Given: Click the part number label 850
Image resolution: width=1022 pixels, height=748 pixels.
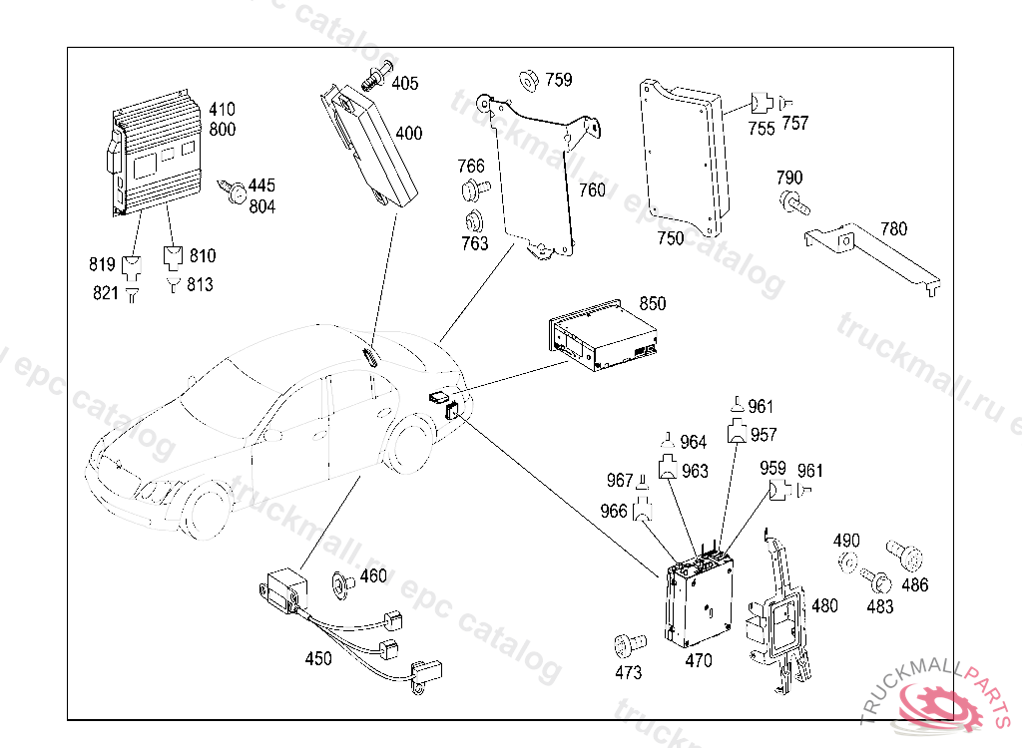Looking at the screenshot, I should (652, 303).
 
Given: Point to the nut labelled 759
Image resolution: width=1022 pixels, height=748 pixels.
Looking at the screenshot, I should (529, 80).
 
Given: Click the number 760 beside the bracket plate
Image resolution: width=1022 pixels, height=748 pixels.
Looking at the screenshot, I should (592, 189).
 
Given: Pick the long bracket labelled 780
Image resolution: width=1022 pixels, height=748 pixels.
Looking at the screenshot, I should (874, 257).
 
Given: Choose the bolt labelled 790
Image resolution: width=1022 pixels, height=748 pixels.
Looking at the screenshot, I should (794, 205).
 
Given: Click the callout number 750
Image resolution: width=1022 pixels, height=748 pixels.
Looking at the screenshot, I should (671, 238).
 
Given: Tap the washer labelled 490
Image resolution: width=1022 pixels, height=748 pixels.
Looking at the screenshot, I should (847, 562).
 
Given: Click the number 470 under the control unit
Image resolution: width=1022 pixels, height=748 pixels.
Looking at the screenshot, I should (699, 660).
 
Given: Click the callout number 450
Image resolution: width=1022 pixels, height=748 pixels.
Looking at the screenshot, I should (318, 658).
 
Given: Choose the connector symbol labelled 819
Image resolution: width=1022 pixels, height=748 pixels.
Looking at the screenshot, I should (133, 266).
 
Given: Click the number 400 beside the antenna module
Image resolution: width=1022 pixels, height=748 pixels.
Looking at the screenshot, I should (409, 133).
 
